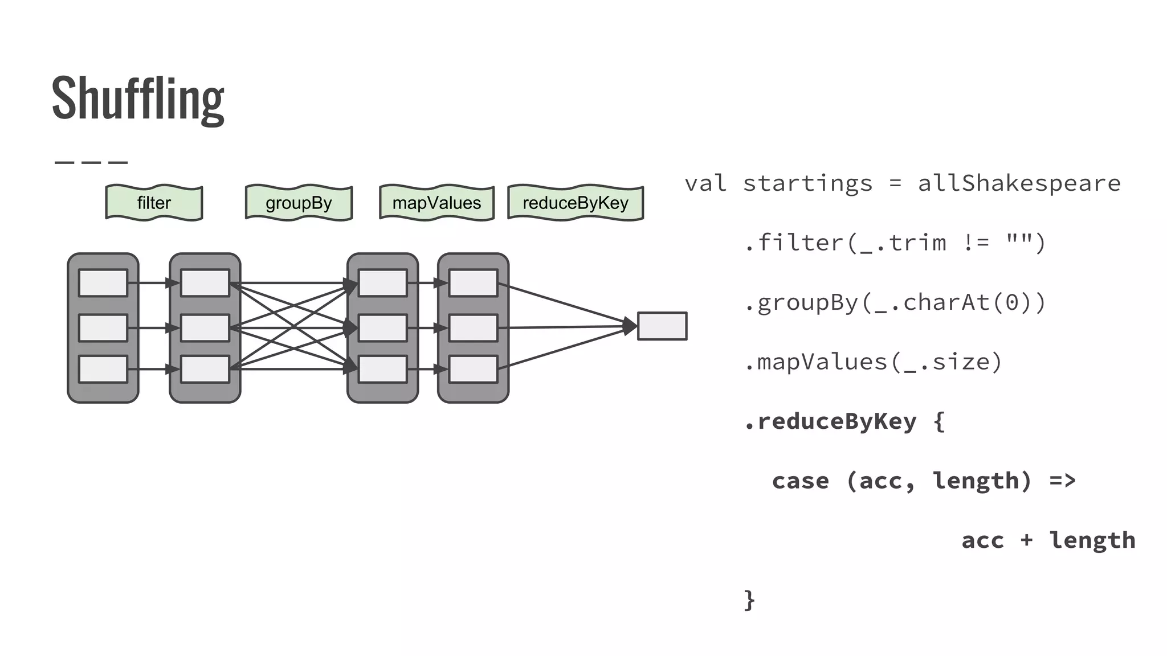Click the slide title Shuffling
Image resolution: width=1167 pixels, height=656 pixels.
point(138,98)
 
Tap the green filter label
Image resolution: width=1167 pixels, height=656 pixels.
point(154,203)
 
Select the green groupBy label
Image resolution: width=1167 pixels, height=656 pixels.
point(299,203)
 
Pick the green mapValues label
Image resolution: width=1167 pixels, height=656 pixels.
point(436,203)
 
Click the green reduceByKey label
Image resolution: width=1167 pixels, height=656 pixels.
point(576,203)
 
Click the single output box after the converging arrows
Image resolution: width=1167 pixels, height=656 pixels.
point(662,326)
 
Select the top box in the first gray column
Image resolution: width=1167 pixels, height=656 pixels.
point(103,283)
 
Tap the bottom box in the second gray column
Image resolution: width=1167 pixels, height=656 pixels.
point(205,369)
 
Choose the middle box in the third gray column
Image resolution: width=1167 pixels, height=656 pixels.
point(383,328)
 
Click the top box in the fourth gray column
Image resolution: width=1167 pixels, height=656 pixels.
point(473,283)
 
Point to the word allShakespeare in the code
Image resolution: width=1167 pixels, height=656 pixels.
point(1019,183)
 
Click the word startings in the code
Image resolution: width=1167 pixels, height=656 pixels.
point(807,183)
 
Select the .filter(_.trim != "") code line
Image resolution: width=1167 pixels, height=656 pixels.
point(895,243)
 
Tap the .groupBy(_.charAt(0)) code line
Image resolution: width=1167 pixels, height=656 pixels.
point(895,302)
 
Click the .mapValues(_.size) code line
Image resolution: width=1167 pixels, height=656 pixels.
point(873,362)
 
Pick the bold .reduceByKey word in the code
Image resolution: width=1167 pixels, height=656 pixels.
point(831,421)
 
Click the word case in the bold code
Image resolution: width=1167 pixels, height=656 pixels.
point(800,481)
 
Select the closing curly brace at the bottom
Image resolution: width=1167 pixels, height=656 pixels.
point(749,600)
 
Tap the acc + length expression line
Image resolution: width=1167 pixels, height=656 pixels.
point(1048,540)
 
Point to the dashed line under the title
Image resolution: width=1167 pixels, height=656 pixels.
point(91,162)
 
